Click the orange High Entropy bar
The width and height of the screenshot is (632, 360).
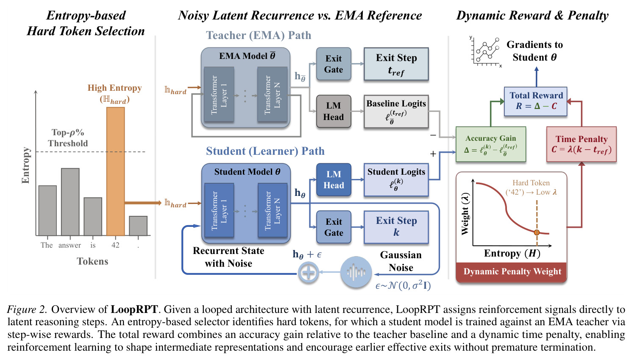115,171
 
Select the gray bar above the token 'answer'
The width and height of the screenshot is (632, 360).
70,202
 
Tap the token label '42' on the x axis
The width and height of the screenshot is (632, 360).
115,245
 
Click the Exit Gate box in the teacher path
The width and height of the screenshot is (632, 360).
334,64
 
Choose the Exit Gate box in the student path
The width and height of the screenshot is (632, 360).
334,227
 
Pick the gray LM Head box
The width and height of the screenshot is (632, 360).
334,111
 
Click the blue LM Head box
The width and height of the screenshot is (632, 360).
334,180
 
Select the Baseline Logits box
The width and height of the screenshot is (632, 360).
396,112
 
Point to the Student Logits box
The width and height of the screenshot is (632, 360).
396,180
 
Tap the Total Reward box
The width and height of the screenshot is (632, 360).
535,101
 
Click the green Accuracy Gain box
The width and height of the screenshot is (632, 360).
491,144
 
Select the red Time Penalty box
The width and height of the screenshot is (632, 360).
581,144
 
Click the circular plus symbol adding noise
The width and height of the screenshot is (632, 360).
308,273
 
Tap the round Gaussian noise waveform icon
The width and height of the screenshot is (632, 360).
356,272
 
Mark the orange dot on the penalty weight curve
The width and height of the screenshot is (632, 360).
537,232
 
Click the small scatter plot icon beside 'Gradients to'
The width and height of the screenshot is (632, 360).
485,52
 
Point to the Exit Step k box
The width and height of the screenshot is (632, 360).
396,227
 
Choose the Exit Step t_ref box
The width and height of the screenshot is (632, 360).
396,64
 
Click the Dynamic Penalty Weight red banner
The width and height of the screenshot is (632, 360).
511,272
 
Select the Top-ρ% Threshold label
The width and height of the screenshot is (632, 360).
68,138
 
